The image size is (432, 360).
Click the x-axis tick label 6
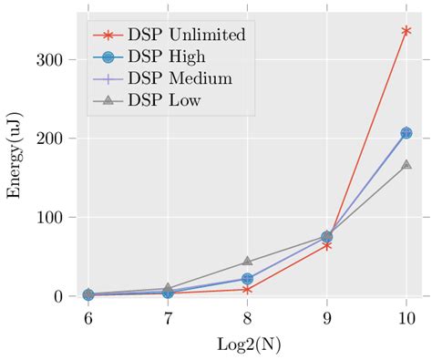click(x=87, y=318)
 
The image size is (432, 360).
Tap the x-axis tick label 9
click(x=326, y=318)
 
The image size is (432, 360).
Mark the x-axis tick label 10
click(x=406, y=318)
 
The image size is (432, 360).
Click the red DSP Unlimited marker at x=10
click(x=406, y=31)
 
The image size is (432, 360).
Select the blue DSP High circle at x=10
click(x=406, y=133)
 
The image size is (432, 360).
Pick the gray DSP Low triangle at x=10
click(x=406, y=165)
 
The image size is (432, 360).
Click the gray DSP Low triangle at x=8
click(x=247, y=262)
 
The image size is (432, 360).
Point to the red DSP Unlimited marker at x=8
click(x=247, y=289)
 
